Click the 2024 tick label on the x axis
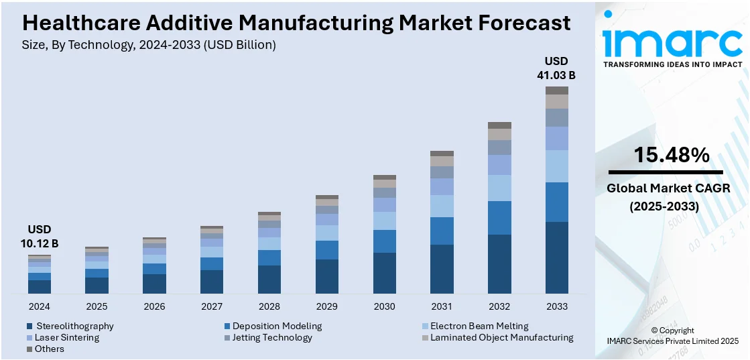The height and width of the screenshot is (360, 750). [x=39, y=306]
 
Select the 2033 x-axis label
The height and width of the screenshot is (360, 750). [x=556, y=306]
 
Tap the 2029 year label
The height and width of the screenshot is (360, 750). [x=326, y=306]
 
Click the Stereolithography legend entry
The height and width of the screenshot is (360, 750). [x=74, y=326]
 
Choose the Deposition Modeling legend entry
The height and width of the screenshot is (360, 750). [x=277, y=326]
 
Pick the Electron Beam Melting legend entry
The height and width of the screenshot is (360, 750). [x=479, y=326]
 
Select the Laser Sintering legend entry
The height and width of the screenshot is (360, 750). [x=66, y=337]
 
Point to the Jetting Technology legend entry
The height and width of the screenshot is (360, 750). [x=272, y=337]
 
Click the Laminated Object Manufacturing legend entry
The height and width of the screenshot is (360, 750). [x=501, y=337]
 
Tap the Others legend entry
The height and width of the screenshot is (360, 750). [x=50, y=349]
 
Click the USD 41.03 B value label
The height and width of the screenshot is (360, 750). [x=556, y=68]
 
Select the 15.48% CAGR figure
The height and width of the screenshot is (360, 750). [x=672, y=156]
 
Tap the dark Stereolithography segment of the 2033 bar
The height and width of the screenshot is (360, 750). [x=556, y=257]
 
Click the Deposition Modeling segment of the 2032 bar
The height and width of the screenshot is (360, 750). [x=499, y=218]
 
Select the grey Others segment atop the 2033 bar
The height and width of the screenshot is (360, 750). [x=556, y=91]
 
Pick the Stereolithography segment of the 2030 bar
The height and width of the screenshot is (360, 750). [x=384, y=273]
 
